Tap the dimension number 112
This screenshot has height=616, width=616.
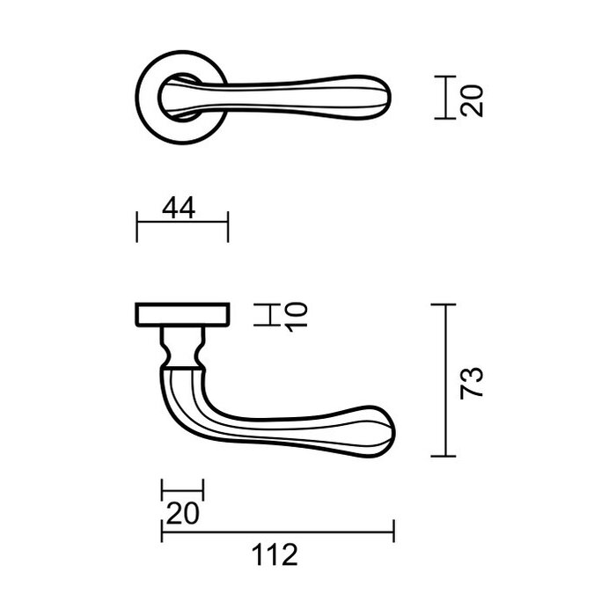(276, 554)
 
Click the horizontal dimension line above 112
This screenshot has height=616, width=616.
(276, 532)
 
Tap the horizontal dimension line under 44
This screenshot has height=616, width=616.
(182, 225)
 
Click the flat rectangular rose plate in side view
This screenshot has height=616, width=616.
(182, 314)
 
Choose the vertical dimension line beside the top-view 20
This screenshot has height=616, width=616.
(445, 97)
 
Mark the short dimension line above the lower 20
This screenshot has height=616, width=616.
(182, 491)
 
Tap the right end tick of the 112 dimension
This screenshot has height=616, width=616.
(392, 532)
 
